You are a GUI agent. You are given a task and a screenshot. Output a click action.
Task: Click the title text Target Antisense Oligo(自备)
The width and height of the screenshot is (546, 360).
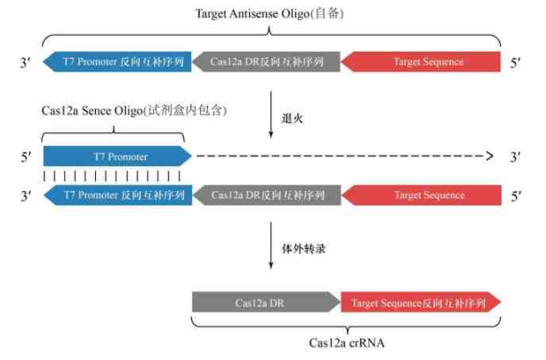270,13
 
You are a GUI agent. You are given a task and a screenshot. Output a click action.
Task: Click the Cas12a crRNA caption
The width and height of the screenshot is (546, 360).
346,342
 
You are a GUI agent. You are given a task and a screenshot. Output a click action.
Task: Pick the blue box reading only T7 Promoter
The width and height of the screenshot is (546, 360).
116,156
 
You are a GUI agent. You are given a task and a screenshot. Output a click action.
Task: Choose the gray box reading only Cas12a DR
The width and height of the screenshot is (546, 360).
266,303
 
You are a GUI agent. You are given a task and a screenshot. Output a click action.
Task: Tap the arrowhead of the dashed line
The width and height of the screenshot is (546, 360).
487,156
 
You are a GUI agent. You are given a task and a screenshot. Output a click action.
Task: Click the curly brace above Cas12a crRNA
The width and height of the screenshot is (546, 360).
347,324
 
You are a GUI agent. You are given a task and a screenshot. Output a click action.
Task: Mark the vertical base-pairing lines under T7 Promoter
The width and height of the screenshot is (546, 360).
112,176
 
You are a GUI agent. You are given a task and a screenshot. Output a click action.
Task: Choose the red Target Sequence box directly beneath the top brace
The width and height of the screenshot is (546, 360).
422,62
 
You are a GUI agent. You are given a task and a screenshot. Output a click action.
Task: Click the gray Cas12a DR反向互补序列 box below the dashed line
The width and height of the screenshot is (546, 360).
266,196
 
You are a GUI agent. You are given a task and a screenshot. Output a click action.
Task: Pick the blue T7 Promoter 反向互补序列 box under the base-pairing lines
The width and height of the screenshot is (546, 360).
116,196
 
